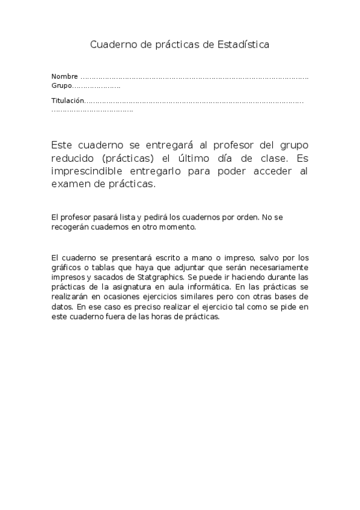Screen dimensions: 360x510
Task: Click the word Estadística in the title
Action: coord(246,45)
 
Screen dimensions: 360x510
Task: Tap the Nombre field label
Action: coord(64,76)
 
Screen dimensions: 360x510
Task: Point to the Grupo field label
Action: coord(61,86)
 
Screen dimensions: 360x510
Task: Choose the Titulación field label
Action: coord(67,100)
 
